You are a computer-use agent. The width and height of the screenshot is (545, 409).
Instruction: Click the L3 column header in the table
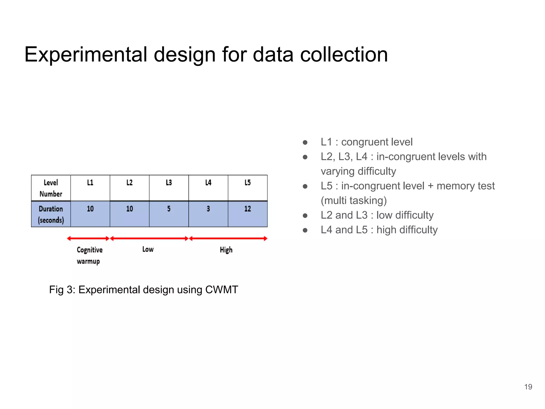pos(169,183)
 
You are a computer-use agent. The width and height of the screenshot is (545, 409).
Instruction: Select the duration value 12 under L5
pos(247,209)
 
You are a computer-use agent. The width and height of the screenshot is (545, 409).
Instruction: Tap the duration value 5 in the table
pos(169,209)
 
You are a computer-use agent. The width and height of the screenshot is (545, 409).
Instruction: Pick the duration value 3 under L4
pos(208,209)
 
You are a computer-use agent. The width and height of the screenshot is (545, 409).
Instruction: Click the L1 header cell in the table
pos(90,183)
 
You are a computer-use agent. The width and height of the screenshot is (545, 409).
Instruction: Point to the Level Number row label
pos(51,188)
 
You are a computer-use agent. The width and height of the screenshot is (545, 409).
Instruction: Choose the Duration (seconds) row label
pos(51,214)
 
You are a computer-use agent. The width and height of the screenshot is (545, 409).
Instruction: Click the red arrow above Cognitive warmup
pos(88,239)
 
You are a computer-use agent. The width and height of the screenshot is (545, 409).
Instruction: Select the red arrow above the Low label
pos(149,239)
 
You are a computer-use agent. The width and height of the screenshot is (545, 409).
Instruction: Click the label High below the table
pos(226,250)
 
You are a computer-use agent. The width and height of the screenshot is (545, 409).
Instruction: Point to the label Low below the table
pos(148,250)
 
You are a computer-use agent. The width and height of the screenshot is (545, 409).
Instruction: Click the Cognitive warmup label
pos(89,255)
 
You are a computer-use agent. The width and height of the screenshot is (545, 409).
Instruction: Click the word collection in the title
pos(344,55)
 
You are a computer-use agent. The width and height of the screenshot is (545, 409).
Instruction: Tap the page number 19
pos(528,387)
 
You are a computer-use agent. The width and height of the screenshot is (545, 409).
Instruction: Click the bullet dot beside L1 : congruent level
pos(305,142)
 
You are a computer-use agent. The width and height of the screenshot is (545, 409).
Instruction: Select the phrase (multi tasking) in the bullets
pos(354,201)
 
